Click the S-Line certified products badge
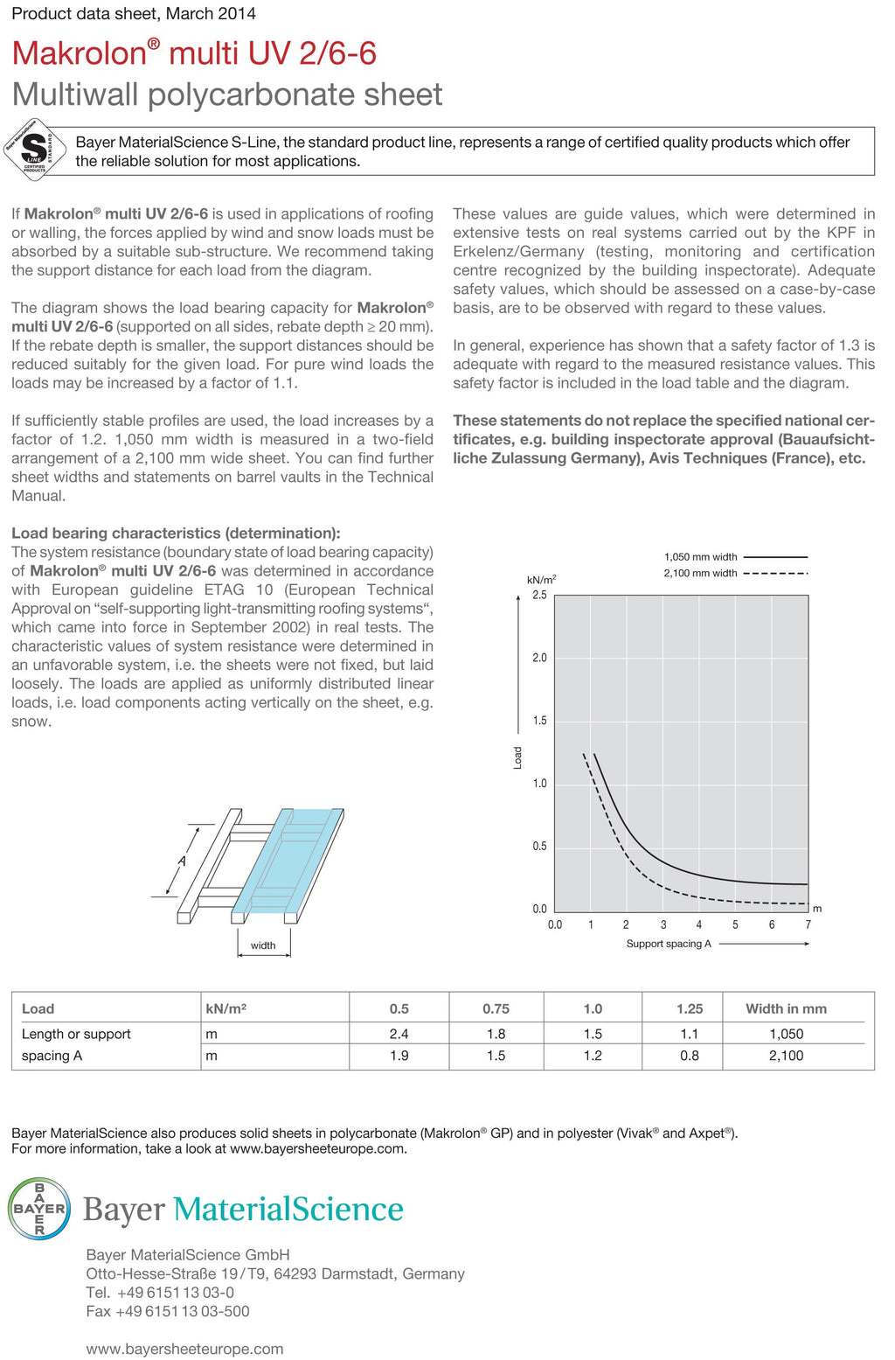35,149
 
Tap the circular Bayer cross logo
39,1208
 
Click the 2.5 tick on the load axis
539,596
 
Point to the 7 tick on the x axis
808,924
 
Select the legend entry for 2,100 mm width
734,574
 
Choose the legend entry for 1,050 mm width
734,557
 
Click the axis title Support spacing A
669,944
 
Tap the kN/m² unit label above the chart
541,580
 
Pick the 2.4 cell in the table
399,1034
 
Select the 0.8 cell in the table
689,1056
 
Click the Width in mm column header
786,1008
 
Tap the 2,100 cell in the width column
786,1056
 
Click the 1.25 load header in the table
689,1008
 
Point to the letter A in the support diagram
182,861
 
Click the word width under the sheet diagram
263,945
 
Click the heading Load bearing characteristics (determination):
176,534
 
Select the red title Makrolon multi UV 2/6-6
194,53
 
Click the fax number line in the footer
168,1311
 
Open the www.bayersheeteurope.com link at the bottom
184,1349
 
